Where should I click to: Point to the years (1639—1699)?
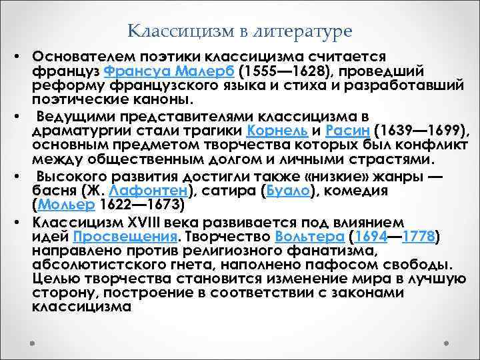click(404, 129)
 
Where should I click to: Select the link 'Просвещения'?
click(124, 237)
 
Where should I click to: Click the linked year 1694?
click(373, 237)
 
